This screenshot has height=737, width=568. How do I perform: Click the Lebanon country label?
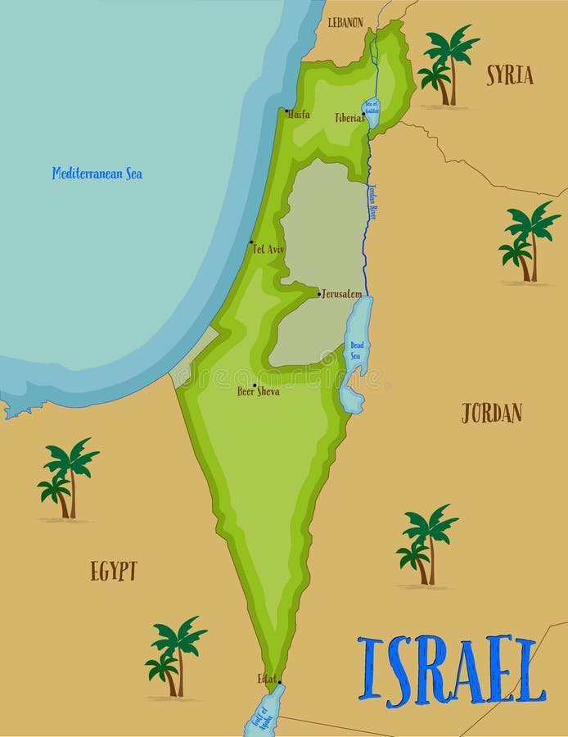pos(345,23)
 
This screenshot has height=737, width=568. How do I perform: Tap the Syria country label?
pos(510,75)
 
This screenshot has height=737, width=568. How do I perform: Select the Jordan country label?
pos(491,413)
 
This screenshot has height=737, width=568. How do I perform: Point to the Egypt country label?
pos(114,571)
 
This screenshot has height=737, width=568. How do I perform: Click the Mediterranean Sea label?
pos(97,174)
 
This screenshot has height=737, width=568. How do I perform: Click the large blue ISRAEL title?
pos(452,670)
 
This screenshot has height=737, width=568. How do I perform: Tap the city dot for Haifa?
pos(286,111)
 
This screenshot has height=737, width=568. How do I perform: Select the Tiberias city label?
pos(349,118)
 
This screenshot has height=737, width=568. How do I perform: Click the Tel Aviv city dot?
pos(251,242)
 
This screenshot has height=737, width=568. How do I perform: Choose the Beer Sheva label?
pos(259,391)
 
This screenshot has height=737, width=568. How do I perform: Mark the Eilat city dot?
pos(279,682)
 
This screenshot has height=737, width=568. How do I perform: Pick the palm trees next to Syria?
pos(446,66)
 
